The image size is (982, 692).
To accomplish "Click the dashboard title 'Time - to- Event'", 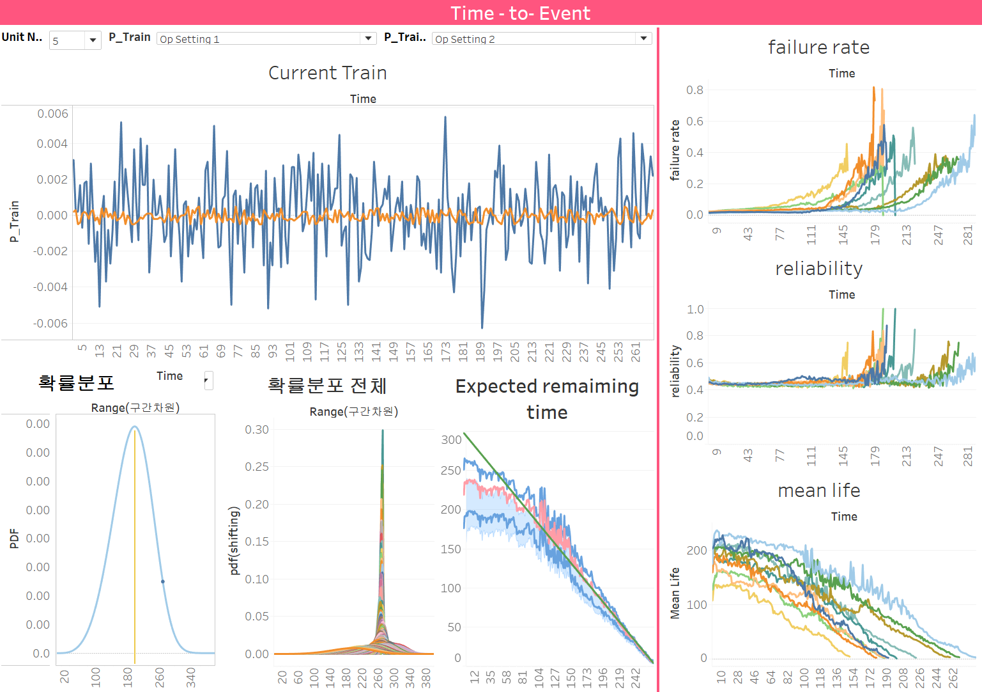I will [x=520, y=13].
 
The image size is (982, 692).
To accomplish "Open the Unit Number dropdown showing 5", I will [x=93, y=40].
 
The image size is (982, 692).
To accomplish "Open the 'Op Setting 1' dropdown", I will [x=368, y=38].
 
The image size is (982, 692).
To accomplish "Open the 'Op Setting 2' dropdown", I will [x=643, y=38].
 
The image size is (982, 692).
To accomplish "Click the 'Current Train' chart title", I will [x=327, y=73].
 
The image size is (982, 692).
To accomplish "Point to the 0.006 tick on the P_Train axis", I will [x=52, y=114].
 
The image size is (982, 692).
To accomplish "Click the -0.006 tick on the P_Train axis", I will [x=50, y=323].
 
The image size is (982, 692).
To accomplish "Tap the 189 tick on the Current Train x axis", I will [x=480, y=352].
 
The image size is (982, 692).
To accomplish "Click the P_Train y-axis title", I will [x=14, y=221].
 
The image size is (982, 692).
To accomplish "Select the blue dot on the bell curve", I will [x=163, y=581].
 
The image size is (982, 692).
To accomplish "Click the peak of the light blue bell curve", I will [x=135, y=427].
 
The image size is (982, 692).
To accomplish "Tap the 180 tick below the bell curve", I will [x=128, y=677].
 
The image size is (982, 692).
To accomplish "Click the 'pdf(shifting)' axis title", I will [x=234, y=540].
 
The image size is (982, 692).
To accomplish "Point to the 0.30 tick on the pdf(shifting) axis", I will [x=257, y=430].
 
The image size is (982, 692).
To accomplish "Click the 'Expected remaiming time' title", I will [x=547, y=399].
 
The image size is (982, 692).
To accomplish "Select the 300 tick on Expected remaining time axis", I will [x=451, y=440].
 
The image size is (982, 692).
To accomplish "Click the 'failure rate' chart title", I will [x=818, y=47].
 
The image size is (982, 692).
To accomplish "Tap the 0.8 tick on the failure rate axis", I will [x=694, y=90].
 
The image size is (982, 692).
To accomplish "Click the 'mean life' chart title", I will [x=818, y=491].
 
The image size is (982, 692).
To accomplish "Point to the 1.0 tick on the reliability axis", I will [x=694, y=310].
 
